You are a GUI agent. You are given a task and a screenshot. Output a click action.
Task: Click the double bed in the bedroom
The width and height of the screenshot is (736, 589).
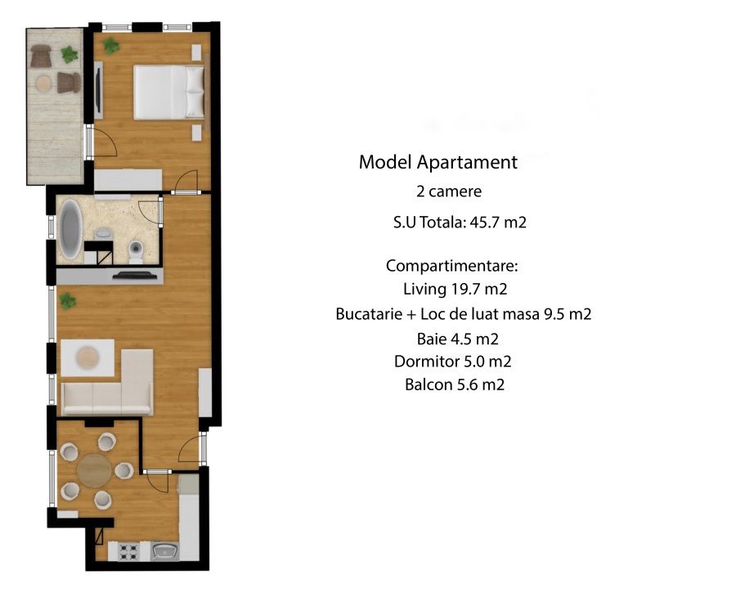click(169, 92)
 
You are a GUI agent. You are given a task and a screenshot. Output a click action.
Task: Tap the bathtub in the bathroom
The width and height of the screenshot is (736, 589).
click(71, 229)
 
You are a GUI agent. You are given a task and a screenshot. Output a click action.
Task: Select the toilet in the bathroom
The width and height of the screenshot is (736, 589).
click(136, 251)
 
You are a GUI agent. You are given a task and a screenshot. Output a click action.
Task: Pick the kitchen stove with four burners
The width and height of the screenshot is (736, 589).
click(128, 551)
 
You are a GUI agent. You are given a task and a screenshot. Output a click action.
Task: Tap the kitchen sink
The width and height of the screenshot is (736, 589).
click(164, 551)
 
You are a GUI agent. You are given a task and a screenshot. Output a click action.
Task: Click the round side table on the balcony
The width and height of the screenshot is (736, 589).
click(43, 83)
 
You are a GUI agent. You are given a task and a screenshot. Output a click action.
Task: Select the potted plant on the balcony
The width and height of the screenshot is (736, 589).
click(70, 55)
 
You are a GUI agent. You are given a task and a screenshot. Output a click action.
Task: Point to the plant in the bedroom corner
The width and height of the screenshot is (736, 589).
click(110, 46)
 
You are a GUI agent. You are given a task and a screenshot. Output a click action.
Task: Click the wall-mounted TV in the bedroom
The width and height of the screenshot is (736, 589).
click(98, 90)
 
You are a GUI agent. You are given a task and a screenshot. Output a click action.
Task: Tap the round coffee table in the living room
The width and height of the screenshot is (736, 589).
click(88, 356)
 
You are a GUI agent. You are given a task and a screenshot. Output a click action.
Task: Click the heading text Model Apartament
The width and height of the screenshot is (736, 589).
click(438, 162)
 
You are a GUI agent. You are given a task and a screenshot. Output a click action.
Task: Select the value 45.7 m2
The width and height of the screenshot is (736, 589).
click(498, 222)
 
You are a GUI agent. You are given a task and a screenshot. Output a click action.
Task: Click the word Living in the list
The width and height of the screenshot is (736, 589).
click(424, 289)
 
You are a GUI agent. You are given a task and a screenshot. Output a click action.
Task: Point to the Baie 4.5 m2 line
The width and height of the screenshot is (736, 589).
click(457, 339)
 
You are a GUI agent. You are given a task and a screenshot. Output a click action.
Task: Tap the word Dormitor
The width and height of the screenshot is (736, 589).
click(427, 362)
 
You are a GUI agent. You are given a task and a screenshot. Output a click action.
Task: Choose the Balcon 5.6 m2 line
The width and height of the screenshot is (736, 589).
click(455, 384)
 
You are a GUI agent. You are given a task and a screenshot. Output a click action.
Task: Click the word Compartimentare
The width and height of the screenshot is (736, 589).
click(451, 266)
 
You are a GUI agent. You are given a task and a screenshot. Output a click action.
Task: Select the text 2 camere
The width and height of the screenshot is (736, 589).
click(449, 191)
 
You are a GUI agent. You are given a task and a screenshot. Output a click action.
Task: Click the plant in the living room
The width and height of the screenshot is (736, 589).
click(67, 300)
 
